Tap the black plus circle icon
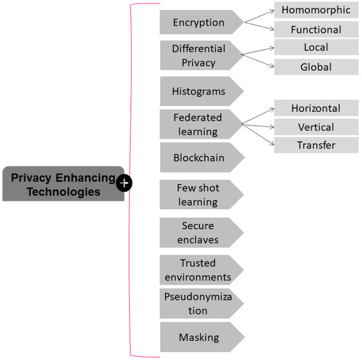coord(124,183)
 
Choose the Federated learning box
coord(198,124)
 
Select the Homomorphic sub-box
coord(316,10)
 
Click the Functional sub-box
coord(316,30)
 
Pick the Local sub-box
coord(316,47)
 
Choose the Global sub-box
coord(316,67)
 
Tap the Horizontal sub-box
coord(316,108)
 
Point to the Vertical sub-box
coord(316,127)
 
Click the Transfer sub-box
coord(316,145)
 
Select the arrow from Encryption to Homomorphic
coord(258,16)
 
